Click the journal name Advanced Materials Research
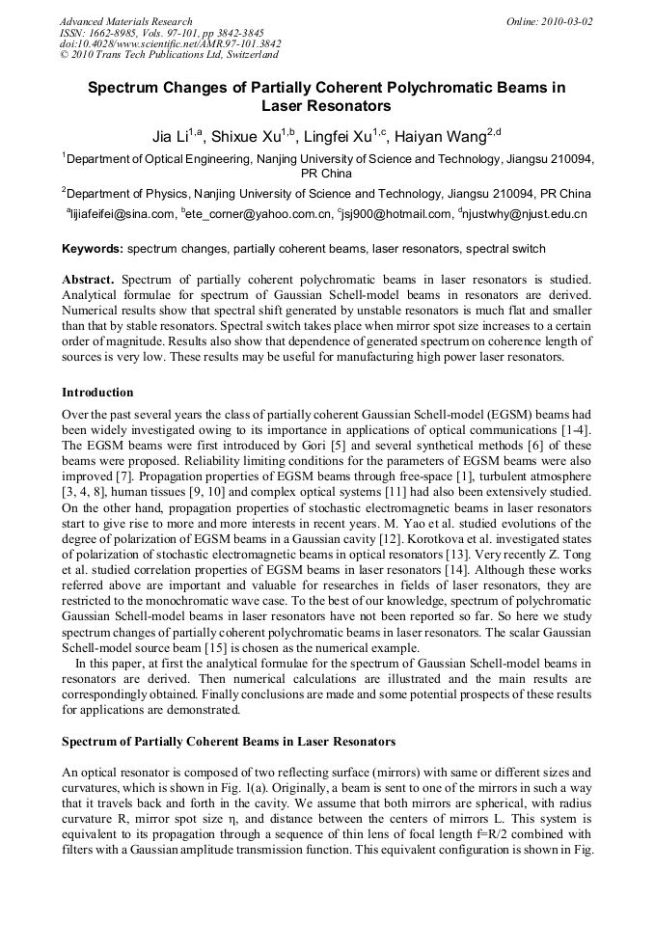click(125, 21)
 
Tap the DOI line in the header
click(170, 44)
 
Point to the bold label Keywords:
click(93, 249)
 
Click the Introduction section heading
click(97, 393)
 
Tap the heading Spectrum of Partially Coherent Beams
click(229, 741)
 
